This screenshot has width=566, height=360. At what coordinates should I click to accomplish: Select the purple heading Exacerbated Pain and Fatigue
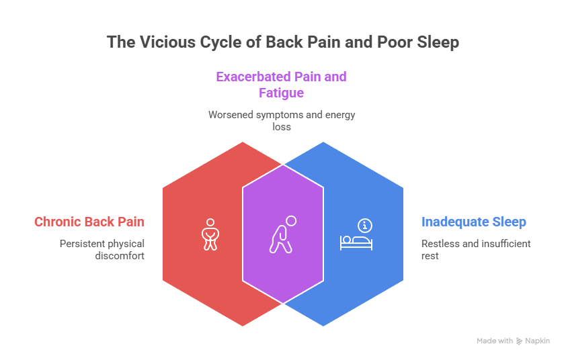click(x=281, y=84)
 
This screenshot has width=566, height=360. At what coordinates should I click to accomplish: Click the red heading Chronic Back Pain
click(x=89, y=222)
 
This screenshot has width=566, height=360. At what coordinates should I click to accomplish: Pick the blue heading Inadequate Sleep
click(x=473, y=222)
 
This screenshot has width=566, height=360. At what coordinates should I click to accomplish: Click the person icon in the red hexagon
click(x=210, y=234)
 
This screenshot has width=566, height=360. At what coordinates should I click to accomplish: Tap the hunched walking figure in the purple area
click(x=282, y=234)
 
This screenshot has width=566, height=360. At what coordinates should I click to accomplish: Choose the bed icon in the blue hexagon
click(x=356, y=242)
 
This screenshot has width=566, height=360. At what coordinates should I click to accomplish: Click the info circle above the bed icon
click(x=365, y=225)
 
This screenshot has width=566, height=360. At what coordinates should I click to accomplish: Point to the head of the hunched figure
click(x=290, y=221)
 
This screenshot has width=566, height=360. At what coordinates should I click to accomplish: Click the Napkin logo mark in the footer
click(x=520, y=341)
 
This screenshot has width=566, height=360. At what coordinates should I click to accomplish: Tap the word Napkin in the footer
click(x=538, y=341)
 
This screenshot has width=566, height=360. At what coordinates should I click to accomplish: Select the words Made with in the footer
click(x=495, y=341)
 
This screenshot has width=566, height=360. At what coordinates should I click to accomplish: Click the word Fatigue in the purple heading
click(x=281, y=92)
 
